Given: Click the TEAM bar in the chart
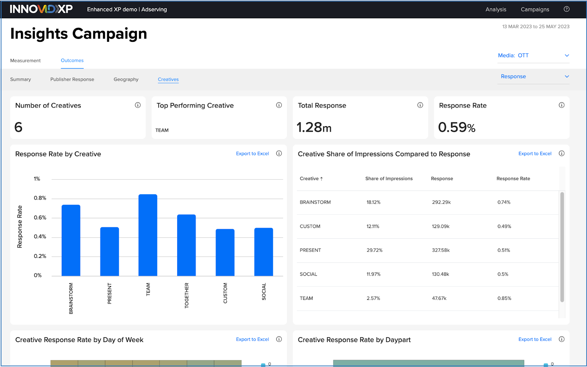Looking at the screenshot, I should pyautogui.click(x=148, y=235).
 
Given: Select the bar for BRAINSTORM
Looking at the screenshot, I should pyautogui.click(x=71, y=240).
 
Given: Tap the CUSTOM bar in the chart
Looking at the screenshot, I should pyautogui.click(x=225, y=252).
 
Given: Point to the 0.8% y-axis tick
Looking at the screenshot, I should pyautogui.click(x=40, y=198).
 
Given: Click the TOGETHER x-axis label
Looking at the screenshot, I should pyautogui.click(x=186, y=296).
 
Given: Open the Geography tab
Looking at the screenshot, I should pyautogui.click(x=126, y=79).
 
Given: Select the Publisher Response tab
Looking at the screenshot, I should pyautogui.click(x=72, y=79).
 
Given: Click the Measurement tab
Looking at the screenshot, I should pyautogui.click(x=25, y=60).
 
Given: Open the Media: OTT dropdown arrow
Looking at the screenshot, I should pyautogui.click(x=567, y=55).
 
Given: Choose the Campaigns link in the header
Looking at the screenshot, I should pyautogui.click(x=535, y=10).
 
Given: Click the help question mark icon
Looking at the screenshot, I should pyautogui.click(x=566, y=9).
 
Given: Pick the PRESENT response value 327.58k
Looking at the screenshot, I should pyautogui.click(x=441, y=250).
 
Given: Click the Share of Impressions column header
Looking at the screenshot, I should pyautogui.click(x=389, y=179).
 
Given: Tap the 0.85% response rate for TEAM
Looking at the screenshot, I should pyautogui.click(x=504, y=298).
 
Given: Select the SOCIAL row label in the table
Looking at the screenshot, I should pyautogui.click(x=308, y=274).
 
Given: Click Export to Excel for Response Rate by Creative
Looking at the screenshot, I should pyautogui.click(x=252, y=154).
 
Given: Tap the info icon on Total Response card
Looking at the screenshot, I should pyautogui.click(x=420, y=105).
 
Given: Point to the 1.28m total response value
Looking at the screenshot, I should pyautogui.click(x=314, y=127).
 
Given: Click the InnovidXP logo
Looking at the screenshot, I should pyautogui.click(x=41, y=9).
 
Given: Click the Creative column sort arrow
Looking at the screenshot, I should pyautogui.click(x=321, y=179).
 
